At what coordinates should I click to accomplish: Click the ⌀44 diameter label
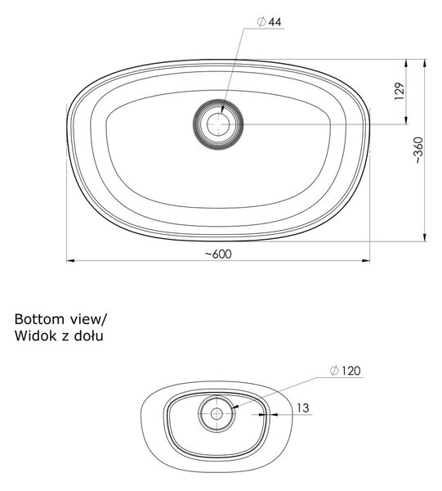point(269,22)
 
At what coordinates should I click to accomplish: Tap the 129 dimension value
point(400,91)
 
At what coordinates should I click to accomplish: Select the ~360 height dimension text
point(418,151)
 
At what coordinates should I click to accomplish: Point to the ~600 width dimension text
point(218,254)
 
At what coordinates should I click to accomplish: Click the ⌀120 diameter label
point(345,371)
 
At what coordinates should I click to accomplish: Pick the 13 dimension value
point(302,408)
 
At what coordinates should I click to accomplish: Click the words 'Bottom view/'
point(60,319)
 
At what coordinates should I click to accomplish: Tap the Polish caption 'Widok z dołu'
point(59,336)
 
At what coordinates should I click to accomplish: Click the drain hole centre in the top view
point(218,124)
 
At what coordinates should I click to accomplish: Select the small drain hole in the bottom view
point(217,414)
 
